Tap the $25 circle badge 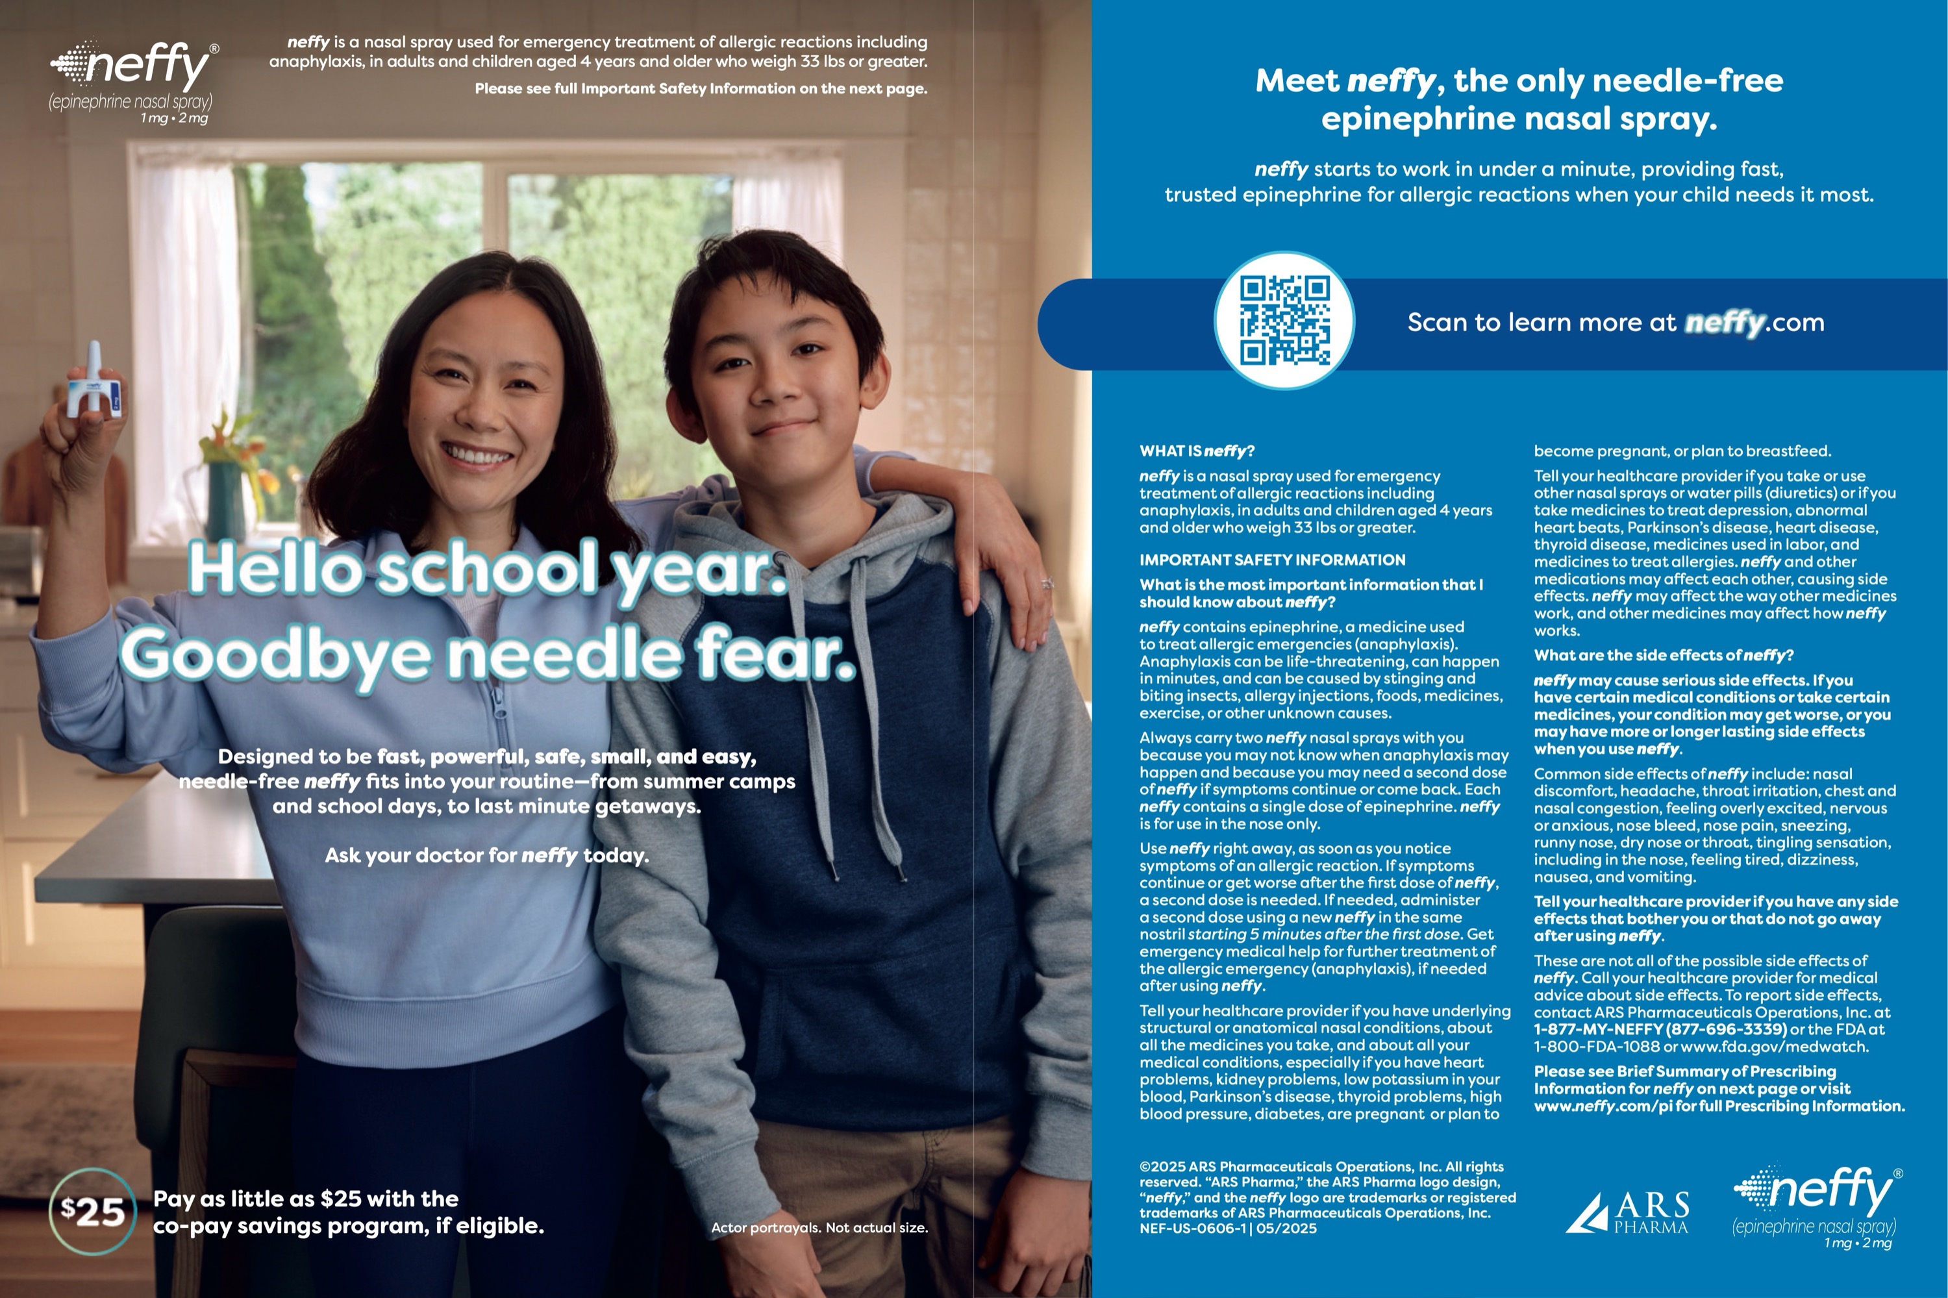(x=93, y=1212)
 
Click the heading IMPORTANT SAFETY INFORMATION (x=1271, y=560)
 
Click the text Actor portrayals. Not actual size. (x=819, y=1228)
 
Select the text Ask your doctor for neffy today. (x=487, y=855)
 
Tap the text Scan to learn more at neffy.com (x=1615, y=322)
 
